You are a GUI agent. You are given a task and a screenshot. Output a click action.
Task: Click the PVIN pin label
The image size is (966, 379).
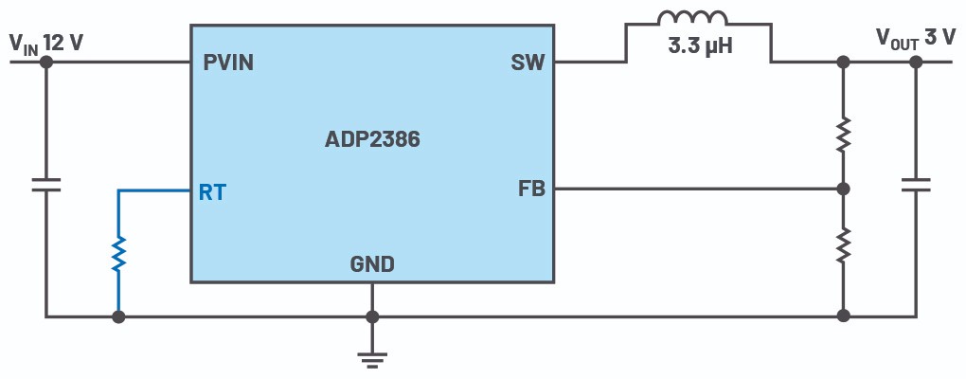tap(228, 63)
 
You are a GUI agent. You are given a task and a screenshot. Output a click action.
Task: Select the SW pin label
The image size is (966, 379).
tap(527, 63)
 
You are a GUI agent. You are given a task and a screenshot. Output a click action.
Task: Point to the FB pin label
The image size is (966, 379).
tap(531, 189)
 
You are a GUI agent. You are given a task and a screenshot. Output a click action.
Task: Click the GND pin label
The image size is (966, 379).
tap(372, 264)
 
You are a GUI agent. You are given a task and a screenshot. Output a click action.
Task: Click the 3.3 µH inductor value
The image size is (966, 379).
tap(700, 45)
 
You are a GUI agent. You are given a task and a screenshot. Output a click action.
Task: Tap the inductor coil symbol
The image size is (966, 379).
tap(693, 20)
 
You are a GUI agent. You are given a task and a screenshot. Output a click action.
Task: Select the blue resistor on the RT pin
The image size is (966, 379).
tap(118, 253)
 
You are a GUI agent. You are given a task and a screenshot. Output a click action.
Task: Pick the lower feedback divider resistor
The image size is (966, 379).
tap(843, 245)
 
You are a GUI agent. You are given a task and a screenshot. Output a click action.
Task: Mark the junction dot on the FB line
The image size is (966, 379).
tap(843, 189)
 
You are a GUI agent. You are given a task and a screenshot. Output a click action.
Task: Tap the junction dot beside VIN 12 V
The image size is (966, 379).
tap(45, 63)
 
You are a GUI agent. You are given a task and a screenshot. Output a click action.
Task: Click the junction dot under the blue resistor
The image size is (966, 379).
tap(118, 316)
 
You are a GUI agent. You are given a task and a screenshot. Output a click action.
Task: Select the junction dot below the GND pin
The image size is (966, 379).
tap(372, 316)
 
